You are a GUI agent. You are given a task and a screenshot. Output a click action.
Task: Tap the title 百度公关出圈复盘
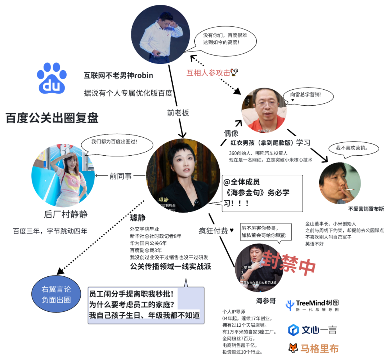coord(52,118)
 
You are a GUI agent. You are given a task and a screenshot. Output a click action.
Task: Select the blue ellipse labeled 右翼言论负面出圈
coord(56,294)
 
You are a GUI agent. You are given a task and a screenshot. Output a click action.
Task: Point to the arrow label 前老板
coord(178,113)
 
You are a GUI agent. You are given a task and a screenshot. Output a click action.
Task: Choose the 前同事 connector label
coord(121,176)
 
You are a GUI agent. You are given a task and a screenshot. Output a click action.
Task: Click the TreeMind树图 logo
coord(312,306)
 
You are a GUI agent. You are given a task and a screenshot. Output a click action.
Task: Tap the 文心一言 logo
coord(312,329)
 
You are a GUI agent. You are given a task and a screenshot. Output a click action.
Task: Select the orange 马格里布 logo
coord(314,348)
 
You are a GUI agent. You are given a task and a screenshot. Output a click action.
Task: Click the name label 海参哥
coord(266,301)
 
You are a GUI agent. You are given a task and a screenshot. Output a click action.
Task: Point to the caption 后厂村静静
coord(66,214)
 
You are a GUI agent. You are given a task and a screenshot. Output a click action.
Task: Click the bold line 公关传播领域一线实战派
coord(170,267)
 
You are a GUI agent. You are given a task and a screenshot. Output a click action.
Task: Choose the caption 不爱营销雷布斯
coord(366,209)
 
